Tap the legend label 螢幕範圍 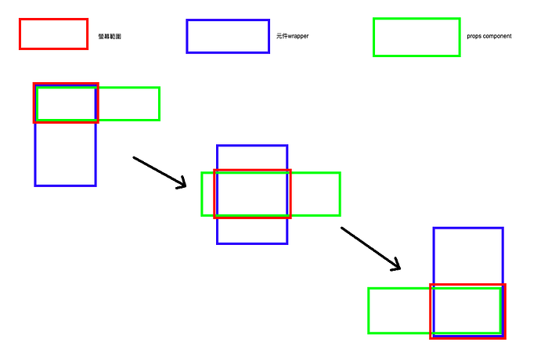[x=110, y=37]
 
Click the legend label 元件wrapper [x=292, y=36]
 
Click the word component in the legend [x=496, y=36]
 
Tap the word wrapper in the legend [x=298, y=36]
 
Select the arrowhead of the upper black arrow [x=183, y=185]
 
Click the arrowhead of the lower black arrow [x=397, y=267]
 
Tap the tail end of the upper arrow [x=135, y=158]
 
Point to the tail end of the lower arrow [x=342, y=229]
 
